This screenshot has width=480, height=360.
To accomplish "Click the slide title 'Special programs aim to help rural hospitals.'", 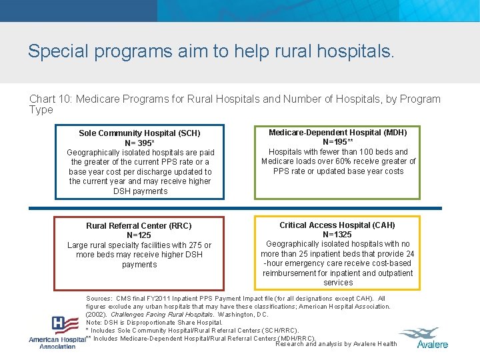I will coord(211,51).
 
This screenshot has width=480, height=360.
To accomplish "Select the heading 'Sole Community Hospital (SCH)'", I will coord(139,133).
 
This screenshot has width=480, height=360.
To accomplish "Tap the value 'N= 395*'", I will coord(140,143).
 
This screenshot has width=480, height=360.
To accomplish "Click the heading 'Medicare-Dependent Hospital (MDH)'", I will coord(337,133).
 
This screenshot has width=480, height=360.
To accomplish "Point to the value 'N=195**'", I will coord(337,142).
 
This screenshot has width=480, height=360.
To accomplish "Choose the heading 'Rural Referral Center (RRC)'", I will coord(139,226).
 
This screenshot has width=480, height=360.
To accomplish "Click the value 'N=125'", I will coord(139,235).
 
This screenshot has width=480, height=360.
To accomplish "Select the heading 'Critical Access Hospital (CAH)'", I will coord(337,225).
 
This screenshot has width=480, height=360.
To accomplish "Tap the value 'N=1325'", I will coord(337,235).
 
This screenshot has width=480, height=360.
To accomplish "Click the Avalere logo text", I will coord(432,344).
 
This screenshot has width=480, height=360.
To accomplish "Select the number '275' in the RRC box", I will coord(193,245).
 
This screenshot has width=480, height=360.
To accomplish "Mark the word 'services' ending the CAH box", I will coord(337,283).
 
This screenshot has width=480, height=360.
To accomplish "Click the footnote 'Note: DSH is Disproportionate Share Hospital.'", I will coord(154,322).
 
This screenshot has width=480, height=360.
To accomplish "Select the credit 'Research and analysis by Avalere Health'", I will coord(335,344).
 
